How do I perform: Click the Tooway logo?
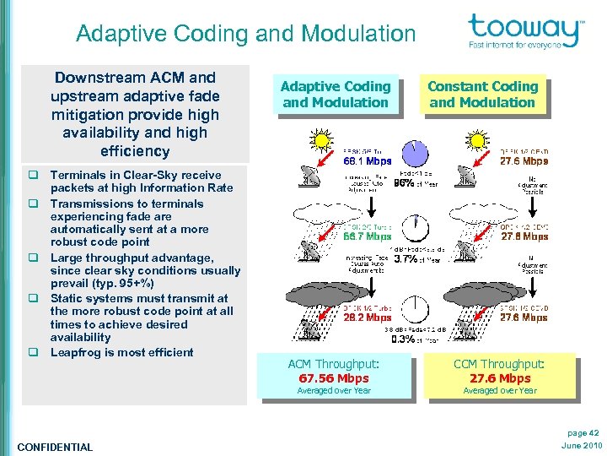pos(525,32)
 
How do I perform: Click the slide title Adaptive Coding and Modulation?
pos(245,34)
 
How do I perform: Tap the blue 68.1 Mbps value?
pos(367,160)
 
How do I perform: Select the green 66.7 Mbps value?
pos(367,237)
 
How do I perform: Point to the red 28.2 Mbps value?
pos(367,318)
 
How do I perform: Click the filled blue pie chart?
pos(414,152)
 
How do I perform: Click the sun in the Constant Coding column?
pos(477,139)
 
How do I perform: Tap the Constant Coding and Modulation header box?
pos(482,95)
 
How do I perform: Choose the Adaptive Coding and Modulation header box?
pos(336,95)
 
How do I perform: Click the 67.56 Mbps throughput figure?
pos(335,378)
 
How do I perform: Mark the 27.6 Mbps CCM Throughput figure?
pos(500,378)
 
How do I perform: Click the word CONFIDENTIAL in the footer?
pos(55,447)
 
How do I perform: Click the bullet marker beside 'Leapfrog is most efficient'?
pos(39,352)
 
